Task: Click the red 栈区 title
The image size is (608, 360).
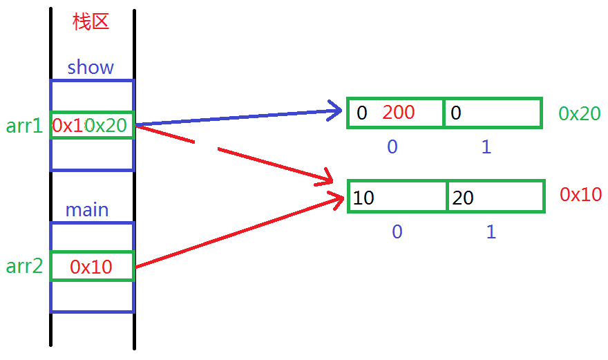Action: (x=91, y=21)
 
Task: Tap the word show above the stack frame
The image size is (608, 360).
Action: (x=91, y=68)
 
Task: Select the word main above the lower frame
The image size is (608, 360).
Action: (x=87, y=209)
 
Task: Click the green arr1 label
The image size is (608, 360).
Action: (x=25, y=126)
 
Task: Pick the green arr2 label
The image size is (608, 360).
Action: (x=25, y=266)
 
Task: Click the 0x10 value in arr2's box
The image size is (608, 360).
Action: (x=91, y=267)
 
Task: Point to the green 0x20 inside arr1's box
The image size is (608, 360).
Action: (x=107, y=125)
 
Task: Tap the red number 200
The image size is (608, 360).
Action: (x=399, y=113)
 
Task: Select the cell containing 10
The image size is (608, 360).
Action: (x=397, y=198)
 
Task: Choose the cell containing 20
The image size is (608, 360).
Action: (x=495, y=198)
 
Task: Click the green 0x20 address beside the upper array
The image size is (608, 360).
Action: (x=580, y=114)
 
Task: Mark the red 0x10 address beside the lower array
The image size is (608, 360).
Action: (x=581, y=194)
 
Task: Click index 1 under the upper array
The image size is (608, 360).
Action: (x=486, y=147)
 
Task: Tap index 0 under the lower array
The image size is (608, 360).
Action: (x=397, y=231)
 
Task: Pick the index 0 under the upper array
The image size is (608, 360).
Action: (x=392, y=147)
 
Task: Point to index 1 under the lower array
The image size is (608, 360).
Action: (x=491, y=231)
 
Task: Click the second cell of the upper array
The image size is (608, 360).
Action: (x=492, y=113)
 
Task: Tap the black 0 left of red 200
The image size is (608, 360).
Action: (x=362, y=113)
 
